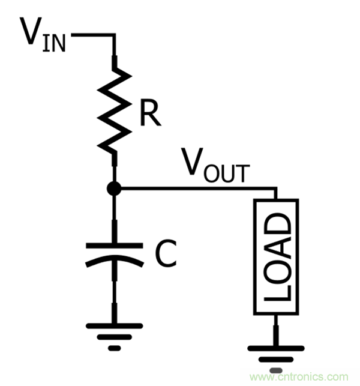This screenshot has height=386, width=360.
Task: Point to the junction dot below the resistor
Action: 113,190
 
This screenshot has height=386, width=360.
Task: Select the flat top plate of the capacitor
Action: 113,245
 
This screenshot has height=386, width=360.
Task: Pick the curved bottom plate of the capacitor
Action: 113,259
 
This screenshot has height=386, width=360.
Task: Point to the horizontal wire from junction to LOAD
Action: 198,190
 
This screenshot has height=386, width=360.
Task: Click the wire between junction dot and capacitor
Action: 113,216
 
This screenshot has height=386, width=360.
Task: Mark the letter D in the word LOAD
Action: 277,225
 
